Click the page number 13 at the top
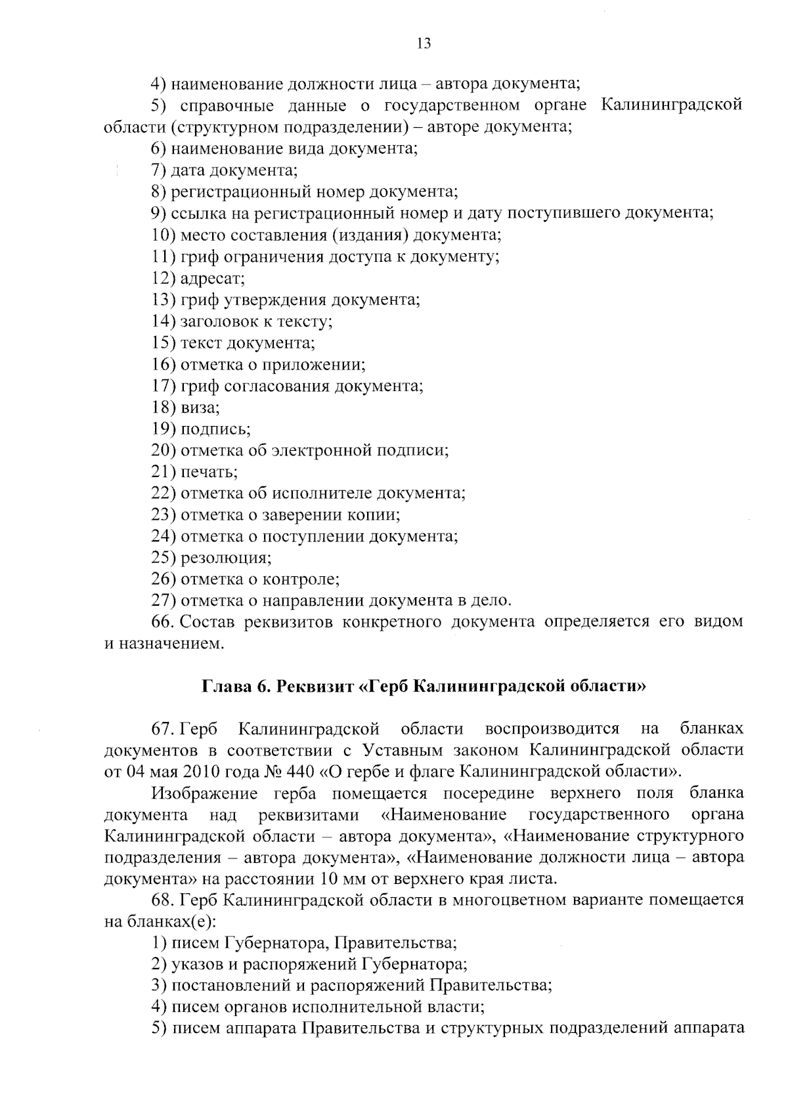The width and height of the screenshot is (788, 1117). [424, 44]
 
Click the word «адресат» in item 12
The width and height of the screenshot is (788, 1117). [211, 278]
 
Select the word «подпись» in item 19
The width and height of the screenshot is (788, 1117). [215, 429]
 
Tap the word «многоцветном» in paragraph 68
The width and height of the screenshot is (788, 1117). [501, 900]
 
